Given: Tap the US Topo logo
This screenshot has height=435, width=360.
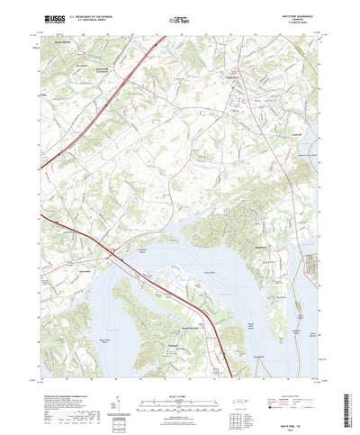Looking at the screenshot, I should (177, 17).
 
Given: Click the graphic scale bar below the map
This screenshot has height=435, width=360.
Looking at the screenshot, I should (178, 394).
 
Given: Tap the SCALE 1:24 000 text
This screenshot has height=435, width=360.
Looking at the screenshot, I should (178, 387).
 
